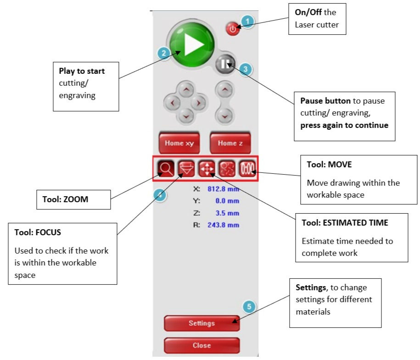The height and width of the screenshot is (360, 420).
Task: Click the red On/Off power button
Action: (233, 29)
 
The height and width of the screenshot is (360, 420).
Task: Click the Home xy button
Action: (180, 143)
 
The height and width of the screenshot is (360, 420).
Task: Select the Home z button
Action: (227, 143)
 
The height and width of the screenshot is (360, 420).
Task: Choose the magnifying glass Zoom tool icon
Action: (165, 169)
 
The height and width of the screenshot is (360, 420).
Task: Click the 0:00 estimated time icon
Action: (246, 169)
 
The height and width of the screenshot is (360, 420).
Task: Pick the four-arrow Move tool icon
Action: (206, 169)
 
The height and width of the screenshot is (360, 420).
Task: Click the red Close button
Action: (202, 345)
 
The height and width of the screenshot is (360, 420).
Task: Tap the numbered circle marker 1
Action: (247, 22)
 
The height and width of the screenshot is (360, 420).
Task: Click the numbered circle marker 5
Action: (248, 307)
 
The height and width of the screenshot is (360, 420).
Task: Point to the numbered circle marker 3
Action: (246, 70)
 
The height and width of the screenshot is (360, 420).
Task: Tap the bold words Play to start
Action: (82, 71)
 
